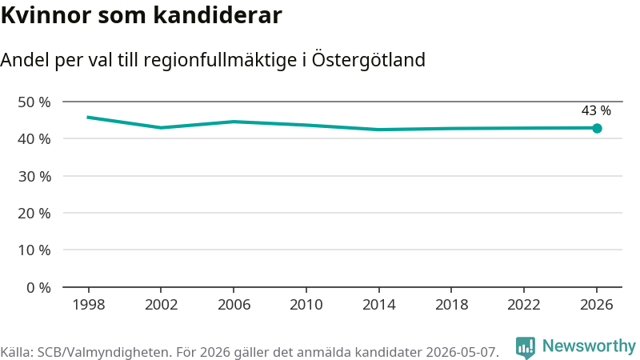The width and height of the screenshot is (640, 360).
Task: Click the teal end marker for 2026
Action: click(597, 129)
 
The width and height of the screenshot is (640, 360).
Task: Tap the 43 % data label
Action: click(596, 110)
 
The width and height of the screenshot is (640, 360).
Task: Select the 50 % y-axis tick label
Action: click(34, 102)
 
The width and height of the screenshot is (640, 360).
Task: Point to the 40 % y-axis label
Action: click(34, 139)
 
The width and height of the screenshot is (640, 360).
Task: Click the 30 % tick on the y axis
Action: click(34, 176)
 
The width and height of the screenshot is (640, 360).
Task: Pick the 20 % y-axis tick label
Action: click(34, 214)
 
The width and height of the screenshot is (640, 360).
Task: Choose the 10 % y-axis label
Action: click(34, 250)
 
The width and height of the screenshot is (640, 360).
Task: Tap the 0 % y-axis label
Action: click(38, 288)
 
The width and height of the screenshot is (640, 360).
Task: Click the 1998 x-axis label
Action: click(89, 305)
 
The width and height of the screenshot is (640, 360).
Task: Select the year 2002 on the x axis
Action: click(162, 305)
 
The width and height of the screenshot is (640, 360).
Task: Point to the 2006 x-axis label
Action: click(234, 305)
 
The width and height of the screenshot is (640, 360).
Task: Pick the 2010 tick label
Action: click(306, 305)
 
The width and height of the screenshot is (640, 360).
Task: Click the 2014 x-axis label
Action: click(378, 305)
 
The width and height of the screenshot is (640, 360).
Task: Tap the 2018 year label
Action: click(451, 305)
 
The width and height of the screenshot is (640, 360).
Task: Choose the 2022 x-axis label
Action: click(524, 305)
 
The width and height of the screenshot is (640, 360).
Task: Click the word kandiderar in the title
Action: click(218, 15)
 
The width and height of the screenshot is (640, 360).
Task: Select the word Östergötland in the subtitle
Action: click(369, 60)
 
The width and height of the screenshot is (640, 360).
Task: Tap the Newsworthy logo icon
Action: click(526, 348)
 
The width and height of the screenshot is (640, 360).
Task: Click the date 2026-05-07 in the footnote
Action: click(462, 352)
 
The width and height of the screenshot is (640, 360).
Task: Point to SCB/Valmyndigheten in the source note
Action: click(103, 352)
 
